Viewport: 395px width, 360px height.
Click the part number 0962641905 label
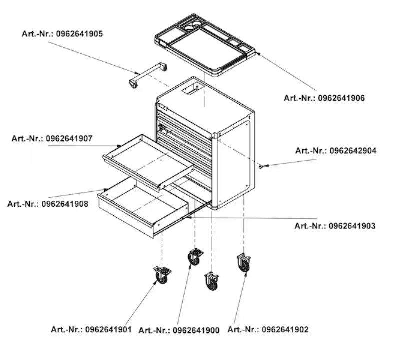click(62, 34)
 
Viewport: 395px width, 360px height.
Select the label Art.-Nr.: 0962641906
click(324, 98)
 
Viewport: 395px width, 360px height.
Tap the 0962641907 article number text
click(52, 139)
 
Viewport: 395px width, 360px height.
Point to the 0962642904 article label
click(336, 151)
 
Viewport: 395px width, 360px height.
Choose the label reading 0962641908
click(48, 204)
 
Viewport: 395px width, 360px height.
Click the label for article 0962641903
click(335, 226)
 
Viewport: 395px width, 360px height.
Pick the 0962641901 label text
click(91, 330)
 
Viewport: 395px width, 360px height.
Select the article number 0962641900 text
click(179, 330)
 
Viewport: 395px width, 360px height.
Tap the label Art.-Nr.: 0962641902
click(268, 330)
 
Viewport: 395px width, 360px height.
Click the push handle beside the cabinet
click(148, 75)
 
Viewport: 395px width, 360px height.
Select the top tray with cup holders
click(205, 45)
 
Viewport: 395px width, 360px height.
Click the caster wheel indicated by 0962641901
click(162, 275)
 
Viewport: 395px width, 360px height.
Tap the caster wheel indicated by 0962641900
click(195, 257)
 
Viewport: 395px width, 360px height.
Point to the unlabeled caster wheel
click(212, 281)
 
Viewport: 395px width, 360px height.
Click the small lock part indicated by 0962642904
click(261, 167)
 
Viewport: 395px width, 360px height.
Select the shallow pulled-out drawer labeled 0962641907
click(148, 161)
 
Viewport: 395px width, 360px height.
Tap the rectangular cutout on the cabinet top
click(192, 89)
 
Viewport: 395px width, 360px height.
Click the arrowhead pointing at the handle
click(137, 73)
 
